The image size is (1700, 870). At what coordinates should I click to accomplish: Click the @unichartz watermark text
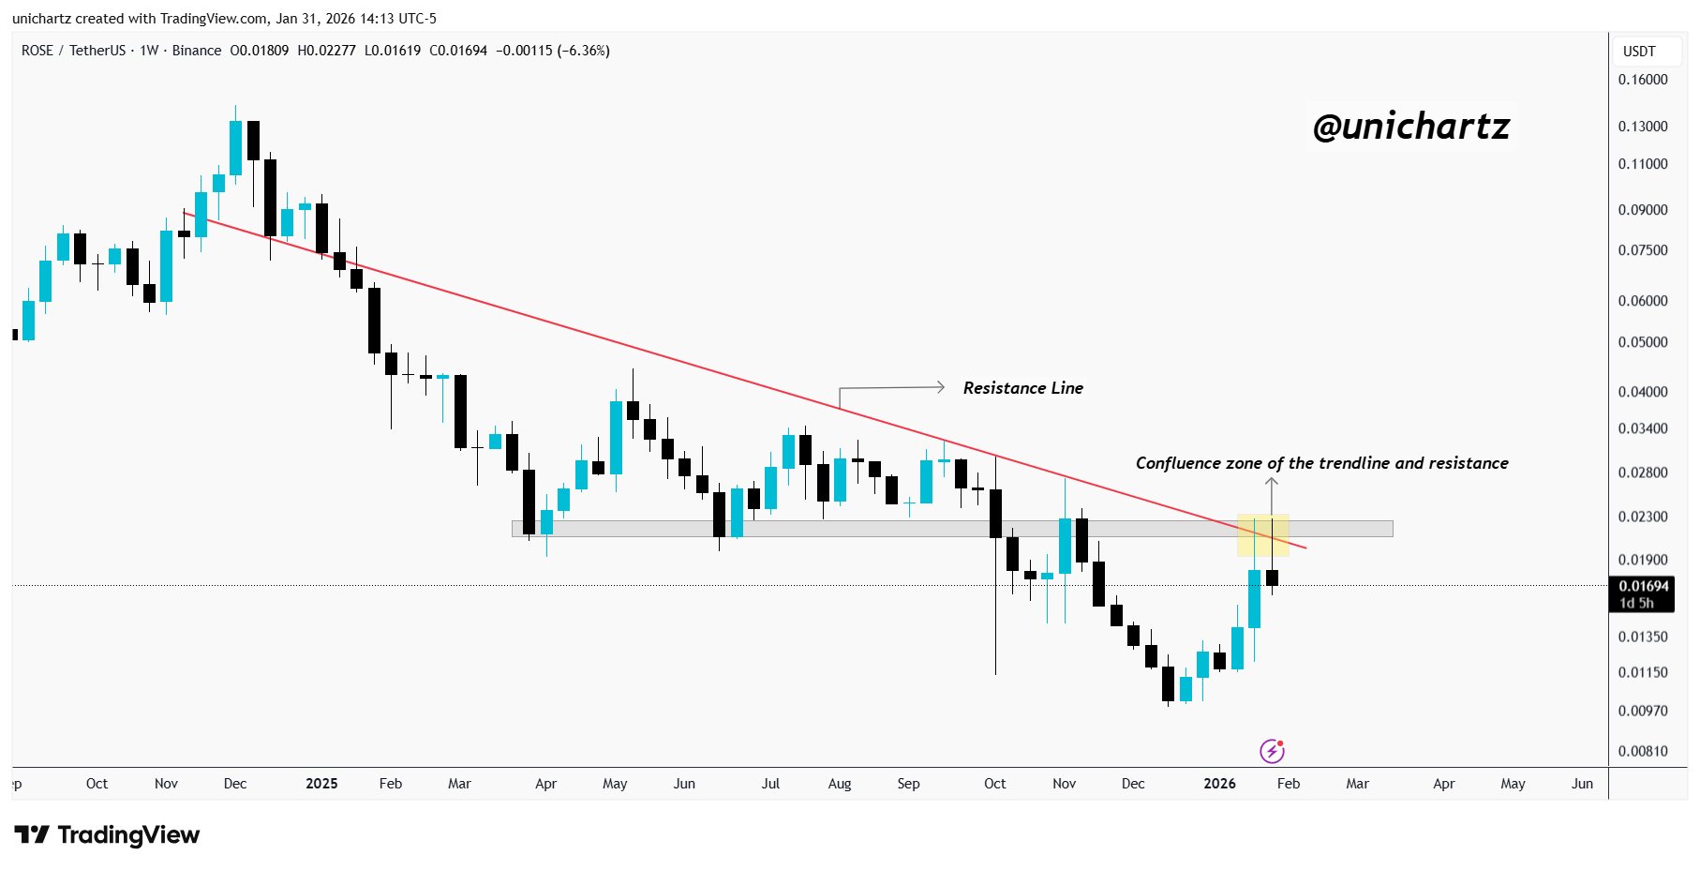[1410, 127]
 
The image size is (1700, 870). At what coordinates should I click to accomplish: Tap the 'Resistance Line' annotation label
[1022, 388]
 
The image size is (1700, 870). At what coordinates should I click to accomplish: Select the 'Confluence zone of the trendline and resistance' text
[1321, 463]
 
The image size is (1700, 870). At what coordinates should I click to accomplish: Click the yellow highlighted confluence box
[1262, 535]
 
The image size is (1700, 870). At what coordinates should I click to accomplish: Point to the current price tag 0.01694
[1644, 587]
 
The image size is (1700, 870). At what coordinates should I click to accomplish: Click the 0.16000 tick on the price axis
[1643, 80]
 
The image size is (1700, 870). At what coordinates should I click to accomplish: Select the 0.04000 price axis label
[1643, 392]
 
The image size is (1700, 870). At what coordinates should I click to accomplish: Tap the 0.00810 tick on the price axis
[1643, 751]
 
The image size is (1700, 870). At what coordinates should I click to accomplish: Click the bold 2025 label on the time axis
[321, 784]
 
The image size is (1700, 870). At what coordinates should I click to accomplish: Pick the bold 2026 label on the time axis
[1219, 784]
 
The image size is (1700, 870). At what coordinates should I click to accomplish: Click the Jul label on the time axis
[770, 784]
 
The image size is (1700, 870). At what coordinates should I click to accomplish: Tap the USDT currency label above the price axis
[1639, 52]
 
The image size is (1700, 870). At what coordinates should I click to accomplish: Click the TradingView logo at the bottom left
[108, 834]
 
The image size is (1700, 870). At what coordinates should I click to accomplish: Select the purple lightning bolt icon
[1272, 751]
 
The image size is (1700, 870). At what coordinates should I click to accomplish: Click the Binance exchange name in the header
[197, 51]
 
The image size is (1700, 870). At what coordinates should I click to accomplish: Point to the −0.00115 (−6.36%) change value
[552, 51]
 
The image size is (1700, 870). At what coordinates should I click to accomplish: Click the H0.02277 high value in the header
[326, 51]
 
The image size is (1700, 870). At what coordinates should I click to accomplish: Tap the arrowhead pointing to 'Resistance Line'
[940, 387]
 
